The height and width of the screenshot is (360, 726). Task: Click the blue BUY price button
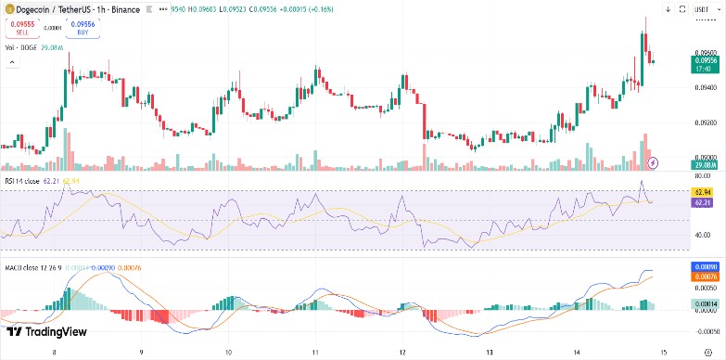pyautogui.click(x=82, y=27)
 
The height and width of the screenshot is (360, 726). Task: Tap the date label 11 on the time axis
pyautogui.click(x=316, y=353)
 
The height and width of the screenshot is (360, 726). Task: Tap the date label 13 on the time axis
pyautogui.click(x=489, y=353)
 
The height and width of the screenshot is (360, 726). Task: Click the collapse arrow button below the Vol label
pyautogui.click(x=12, y=62)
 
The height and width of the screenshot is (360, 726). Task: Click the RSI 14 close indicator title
pyautogui.click(x=22, y=181)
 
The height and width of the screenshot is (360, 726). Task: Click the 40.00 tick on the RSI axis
pyautogui.click(x=703, y=234)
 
